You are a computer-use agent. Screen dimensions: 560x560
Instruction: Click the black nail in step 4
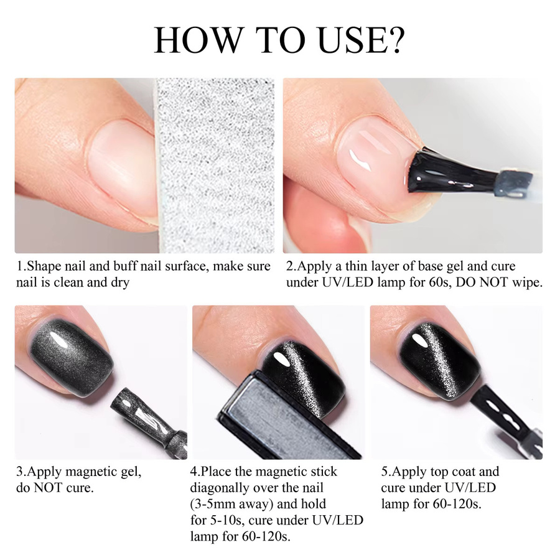coord(304,375)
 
